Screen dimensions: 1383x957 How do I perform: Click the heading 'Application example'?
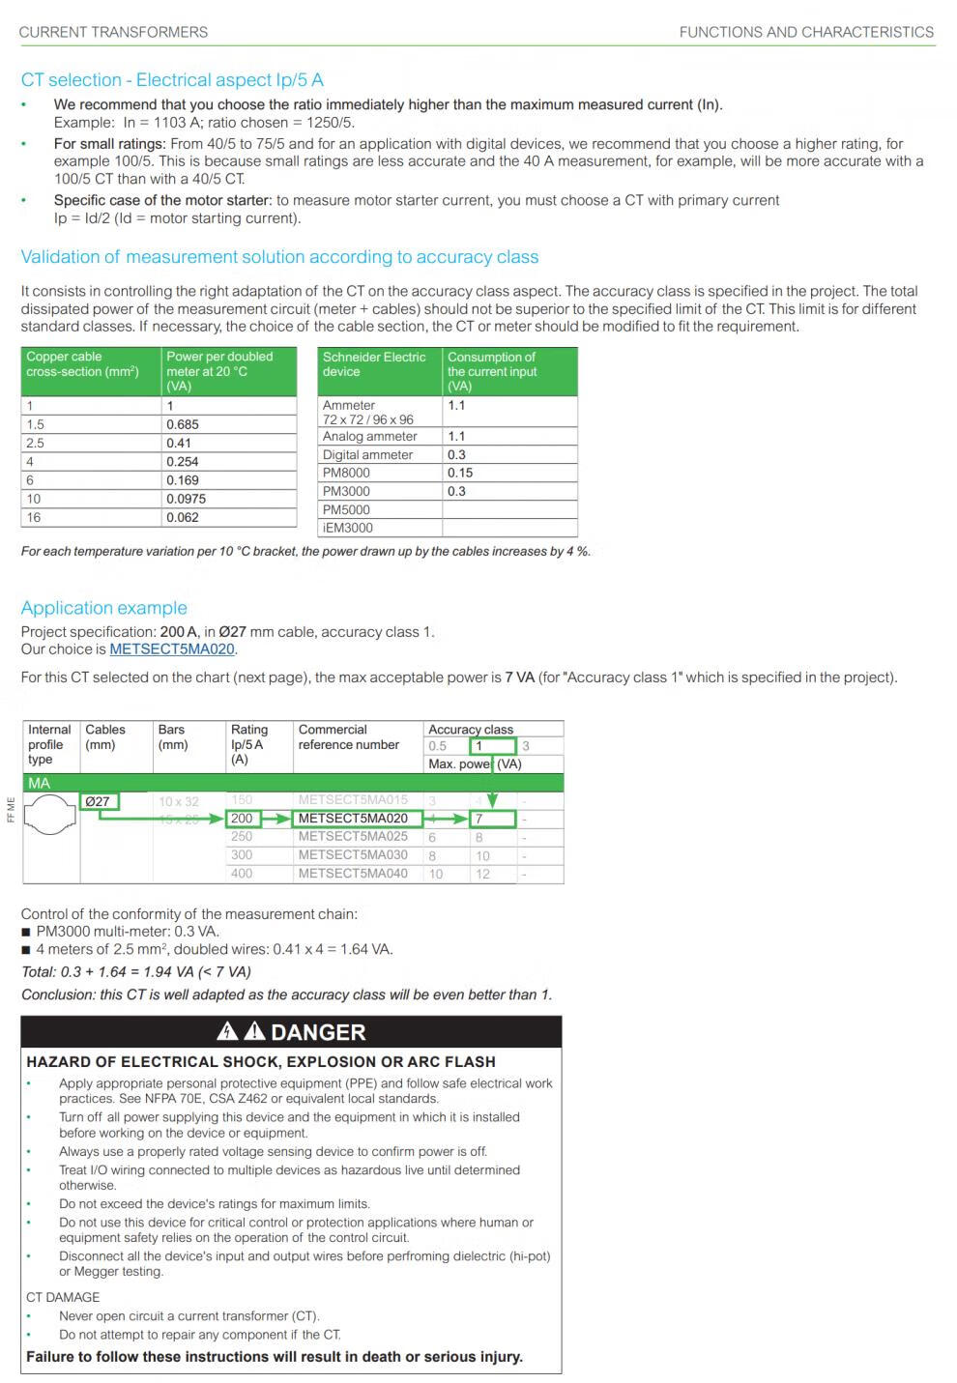pyautogui.click(x=104, y=608)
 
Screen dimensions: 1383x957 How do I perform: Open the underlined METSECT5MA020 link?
pyautogui.click(x=172, y=649)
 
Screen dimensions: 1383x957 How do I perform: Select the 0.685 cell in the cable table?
pyautogui.click(x=183, y=424)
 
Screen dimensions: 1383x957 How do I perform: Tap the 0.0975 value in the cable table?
pyautogui.click(x=187, y=499)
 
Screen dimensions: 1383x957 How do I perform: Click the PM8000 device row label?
pyautogui.click(x=346, y=473)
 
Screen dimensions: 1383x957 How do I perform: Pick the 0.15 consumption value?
pyautogui.click(x=460, y=473)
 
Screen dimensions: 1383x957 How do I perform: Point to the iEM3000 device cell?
pyautogui.click(x=347, y=528)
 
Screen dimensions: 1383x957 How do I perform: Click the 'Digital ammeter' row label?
pyautogui.click(x=367, y=454)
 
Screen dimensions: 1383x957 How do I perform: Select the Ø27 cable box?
pyautogui.click(x=98, y=801)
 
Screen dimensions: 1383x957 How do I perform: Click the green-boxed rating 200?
pyautogui.click(x=242, y=819)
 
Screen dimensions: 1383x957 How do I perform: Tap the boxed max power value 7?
pyautogui.click(x=491, y=819)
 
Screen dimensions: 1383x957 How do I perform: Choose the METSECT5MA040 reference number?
pyautogui.click(x=353, y=874)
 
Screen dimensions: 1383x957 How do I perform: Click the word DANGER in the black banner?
pyautogui.click(x=318, y=1032)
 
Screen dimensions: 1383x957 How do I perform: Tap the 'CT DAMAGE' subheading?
pyautogui.click(x=63, y=1297)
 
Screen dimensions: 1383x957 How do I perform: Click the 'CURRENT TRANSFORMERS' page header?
pyautogui.click(x=113, y=32)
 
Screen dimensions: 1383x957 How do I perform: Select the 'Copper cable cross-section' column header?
pyautogui.click(x=83, y=364)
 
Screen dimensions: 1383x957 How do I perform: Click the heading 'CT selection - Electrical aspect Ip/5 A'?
pyautogui.click(x=172, y=80)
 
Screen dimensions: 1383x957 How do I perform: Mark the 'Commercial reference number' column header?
pyautogui.click(x=348, y=737)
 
